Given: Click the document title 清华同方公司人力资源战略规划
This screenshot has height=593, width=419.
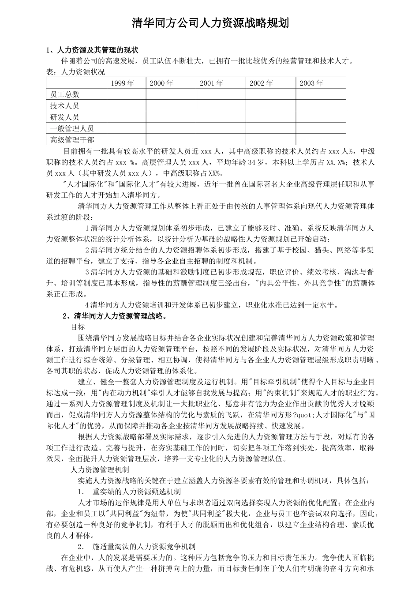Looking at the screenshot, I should coord(210,23).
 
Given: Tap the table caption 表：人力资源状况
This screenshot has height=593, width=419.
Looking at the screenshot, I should coord(75,72).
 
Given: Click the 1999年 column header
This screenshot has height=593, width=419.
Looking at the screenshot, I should coord(122,83).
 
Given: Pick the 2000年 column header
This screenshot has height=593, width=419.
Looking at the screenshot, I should coord(161,83).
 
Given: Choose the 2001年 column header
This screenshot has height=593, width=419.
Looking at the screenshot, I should coord(212,83).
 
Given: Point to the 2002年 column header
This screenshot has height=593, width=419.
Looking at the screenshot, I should coord(262,83).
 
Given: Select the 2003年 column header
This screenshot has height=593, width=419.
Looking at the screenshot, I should coord(311,83).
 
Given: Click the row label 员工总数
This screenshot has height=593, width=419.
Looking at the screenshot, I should coord(65,94).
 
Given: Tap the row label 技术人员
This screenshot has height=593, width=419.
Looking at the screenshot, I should coord(65,106).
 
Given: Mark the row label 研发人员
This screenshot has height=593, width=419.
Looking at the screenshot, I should coord(65,117).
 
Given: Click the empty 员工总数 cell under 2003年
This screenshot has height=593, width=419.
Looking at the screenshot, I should coord(321,94).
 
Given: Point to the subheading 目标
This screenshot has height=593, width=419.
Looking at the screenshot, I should coord(78,327).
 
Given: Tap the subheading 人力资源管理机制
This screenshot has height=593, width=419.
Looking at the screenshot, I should coord(100,469).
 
